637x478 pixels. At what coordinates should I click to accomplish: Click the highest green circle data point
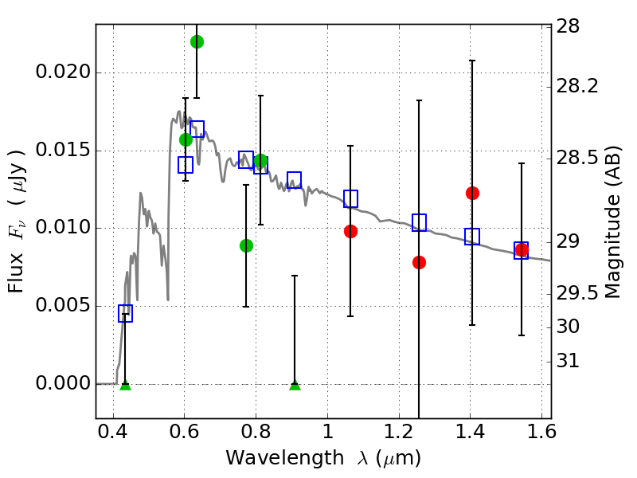[197, 41]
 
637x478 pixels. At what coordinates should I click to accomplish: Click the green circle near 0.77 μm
[246, 245]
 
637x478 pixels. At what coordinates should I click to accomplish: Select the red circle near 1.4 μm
[472, 193]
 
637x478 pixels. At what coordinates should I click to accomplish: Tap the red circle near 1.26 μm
[419, 262]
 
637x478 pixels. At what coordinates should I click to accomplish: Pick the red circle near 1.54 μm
[522, 250]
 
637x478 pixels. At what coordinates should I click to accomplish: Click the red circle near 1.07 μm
[350, 231]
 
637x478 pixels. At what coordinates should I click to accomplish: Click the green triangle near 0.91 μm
[295, 386]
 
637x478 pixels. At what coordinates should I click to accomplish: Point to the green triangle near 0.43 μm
[125, 386]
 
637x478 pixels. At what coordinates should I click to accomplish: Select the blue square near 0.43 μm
[125, 313]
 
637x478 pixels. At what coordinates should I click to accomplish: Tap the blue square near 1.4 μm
[472, 236]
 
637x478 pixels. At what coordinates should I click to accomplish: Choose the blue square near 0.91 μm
[294, 179]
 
